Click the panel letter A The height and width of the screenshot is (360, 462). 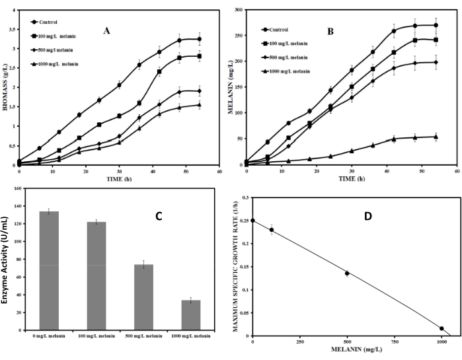[x=106, y=30]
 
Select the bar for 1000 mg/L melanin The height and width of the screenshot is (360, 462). [x=192, y=314]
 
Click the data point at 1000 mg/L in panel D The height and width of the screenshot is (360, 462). [x=442, y=328]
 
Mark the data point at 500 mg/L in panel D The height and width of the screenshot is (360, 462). [x=347, y=273]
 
